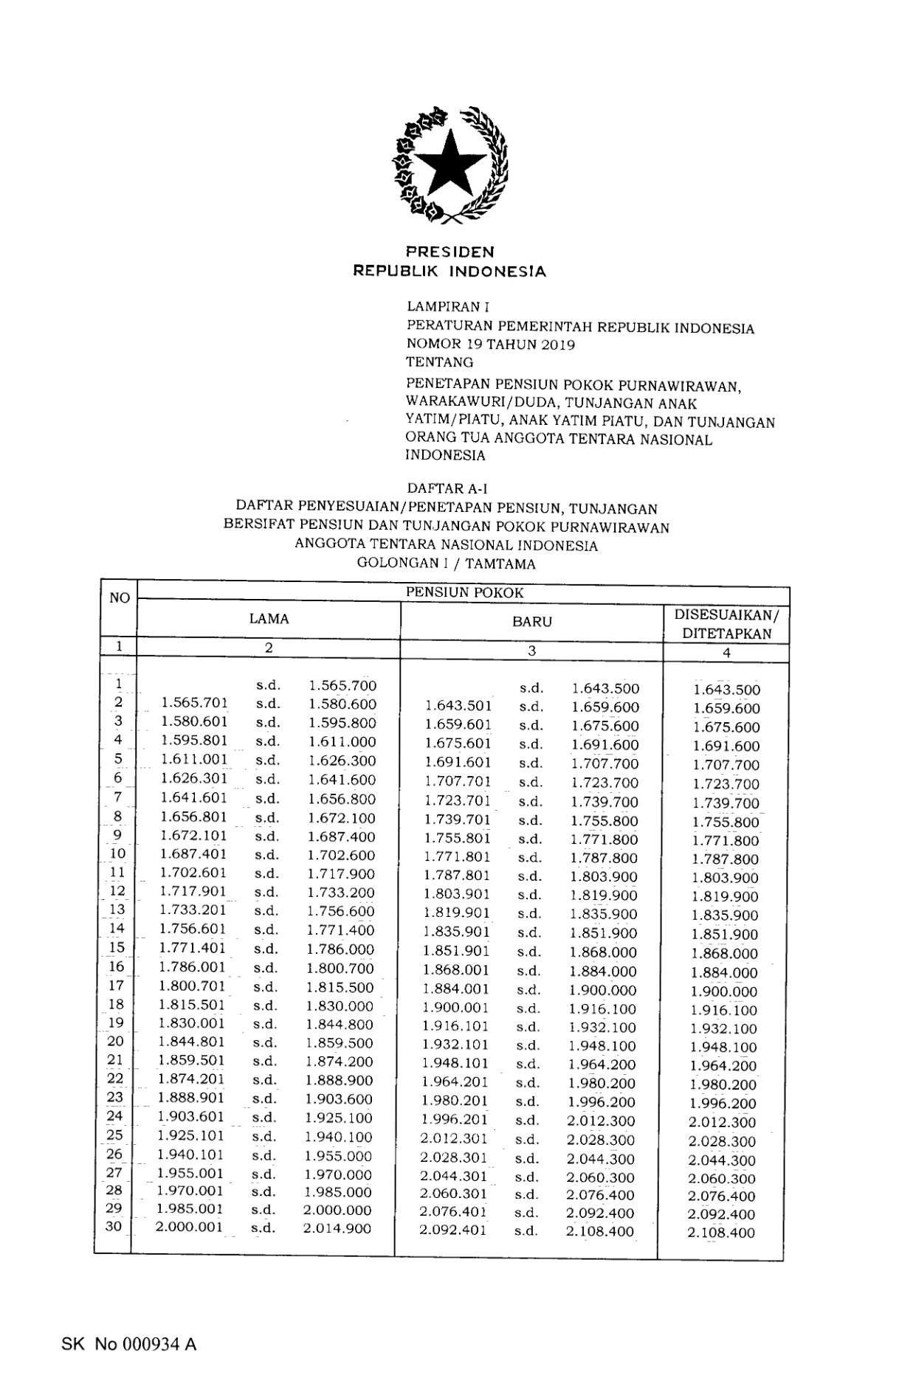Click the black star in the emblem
coord(449,165)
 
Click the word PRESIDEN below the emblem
coord(449,252)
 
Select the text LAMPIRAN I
coord(448,306)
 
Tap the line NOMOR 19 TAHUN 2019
coord(491,344)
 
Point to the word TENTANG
coord(440,362)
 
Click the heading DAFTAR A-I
coord(448,488)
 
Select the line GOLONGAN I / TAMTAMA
coord(447,564)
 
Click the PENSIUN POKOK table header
coord(464,592)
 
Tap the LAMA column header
coord(269,620)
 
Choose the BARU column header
coord(531,622)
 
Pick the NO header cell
coord(120,598)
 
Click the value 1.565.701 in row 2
coord(194,703)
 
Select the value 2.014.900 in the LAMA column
coord(337,1229)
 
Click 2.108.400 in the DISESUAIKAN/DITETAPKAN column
coord(721,1233)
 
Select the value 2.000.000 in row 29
coord(337,1211)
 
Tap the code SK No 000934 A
coord(129,1345)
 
